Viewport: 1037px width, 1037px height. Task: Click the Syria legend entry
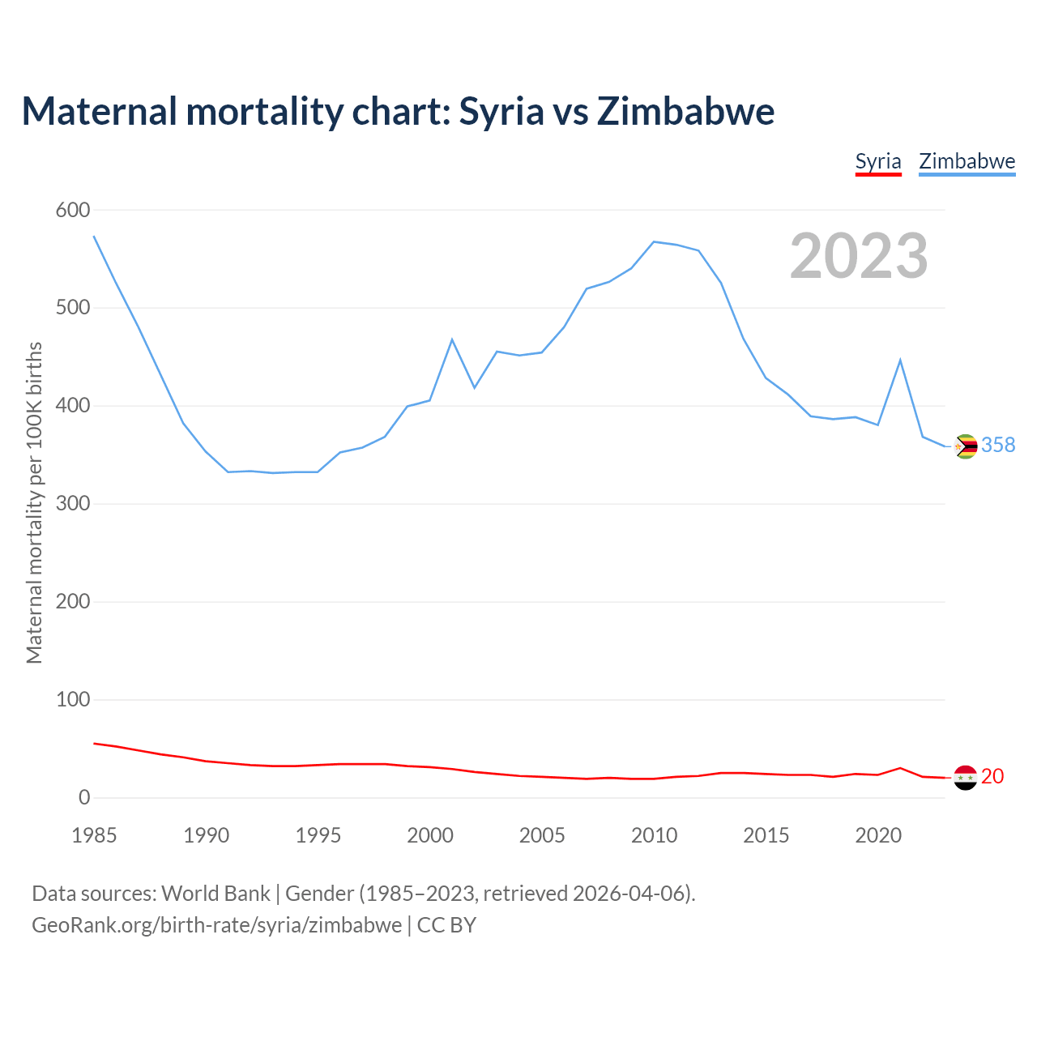tap(878, 161)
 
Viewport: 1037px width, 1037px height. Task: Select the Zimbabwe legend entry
tap(967, 161)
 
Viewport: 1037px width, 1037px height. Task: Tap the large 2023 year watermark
tap(859, 256)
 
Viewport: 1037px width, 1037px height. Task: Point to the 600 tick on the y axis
tap(72, 211)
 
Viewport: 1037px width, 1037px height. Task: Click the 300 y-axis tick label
tap(72, 504)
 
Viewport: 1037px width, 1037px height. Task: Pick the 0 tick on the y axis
tap(84, 798)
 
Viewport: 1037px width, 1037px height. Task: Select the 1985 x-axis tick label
tap(94, 835)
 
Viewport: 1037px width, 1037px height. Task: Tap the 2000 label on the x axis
tap(430, 835)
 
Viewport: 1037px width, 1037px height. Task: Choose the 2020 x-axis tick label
tap(878, 835)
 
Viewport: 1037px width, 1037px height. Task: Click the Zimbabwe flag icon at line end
tap(965, 446)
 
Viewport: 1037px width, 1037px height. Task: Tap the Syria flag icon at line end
tap(965, 778)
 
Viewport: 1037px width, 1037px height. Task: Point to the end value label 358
tap(998, 446)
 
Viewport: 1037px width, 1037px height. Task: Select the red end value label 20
tap(992, 777)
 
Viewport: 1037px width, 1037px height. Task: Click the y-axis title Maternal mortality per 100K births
tap(34, 502)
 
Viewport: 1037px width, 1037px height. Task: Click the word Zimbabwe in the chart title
tap(685, 111)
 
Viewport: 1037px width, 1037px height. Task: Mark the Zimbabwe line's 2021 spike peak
tap(900, 360)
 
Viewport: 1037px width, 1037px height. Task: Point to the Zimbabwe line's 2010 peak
tap(654, 241)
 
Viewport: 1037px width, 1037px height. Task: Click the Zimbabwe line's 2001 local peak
tap(452, 339)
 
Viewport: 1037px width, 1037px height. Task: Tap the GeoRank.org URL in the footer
tap(216, 925)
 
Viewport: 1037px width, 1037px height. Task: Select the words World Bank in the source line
tap(216, 894)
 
